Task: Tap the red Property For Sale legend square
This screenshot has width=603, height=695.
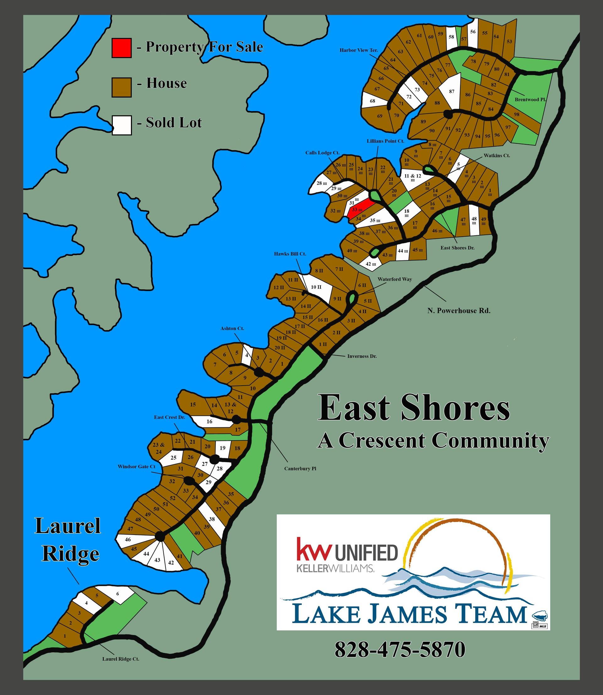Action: point(122,48)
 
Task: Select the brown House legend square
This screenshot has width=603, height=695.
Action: point(122,88)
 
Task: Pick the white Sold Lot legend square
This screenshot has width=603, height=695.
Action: point(122,125)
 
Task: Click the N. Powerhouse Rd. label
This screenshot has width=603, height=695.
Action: point(459,311)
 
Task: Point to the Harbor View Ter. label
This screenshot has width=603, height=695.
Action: point(358,50)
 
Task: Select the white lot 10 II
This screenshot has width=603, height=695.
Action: point(318,288)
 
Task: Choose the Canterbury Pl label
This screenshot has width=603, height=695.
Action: point(300,468)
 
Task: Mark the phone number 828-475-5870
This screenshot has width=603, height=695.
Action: point(400,649)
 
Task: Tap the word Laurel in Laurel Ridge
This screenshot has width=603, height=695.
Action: point(68,526)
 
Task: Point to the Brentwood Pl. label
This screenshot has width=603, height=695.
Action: point(530,99)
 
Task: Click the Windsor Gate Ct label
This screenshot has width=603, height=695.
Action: point(136,467)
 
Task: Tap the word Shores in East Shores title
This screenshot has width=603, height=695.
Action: point(455,408)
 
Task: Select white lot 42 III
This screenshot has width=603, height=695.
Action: point(371,264)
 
